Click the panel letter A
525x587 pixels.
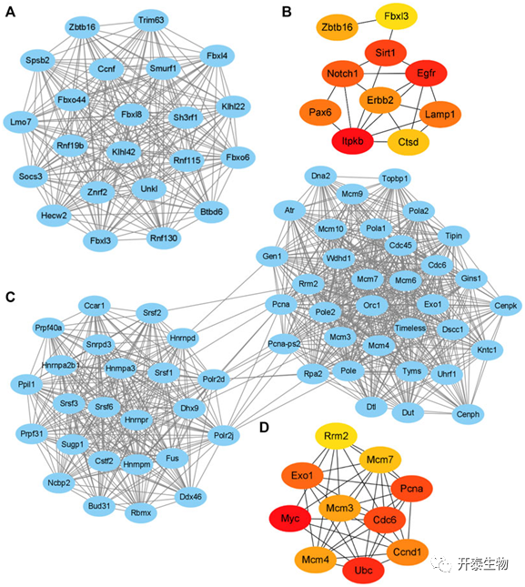[11, 12]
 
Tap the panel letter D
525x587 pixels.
[264, 427]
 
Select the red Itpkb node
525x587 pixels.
[352, 141]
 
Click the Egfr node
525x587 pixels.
[426, 73]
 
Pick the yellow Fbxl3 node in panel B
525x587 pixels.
[397, 16]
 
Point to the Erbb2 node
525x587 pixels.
[380, 100]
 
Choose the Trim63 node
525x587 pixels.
[151, 20]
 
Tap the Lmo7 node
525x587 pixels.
[21, 122]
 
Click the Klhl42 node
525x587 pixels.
[124, 152]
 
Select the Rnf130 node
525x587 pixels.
[164, 238]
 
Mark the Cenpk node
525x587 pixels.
[506, 306]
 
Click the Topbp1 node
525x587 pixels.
[395, 178]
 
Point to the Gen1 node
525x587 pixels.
[272, 257]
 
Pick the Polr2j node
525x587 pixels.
[224, 435]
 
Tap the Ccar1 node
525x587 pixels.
[95, 306]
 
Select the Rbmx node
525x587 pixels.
[141, 513]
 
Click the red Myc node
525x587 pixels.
[290, 519]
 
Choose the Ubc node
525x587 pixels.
[363, 571]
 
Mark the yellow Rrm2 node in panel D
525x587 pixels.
[336, 436]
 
